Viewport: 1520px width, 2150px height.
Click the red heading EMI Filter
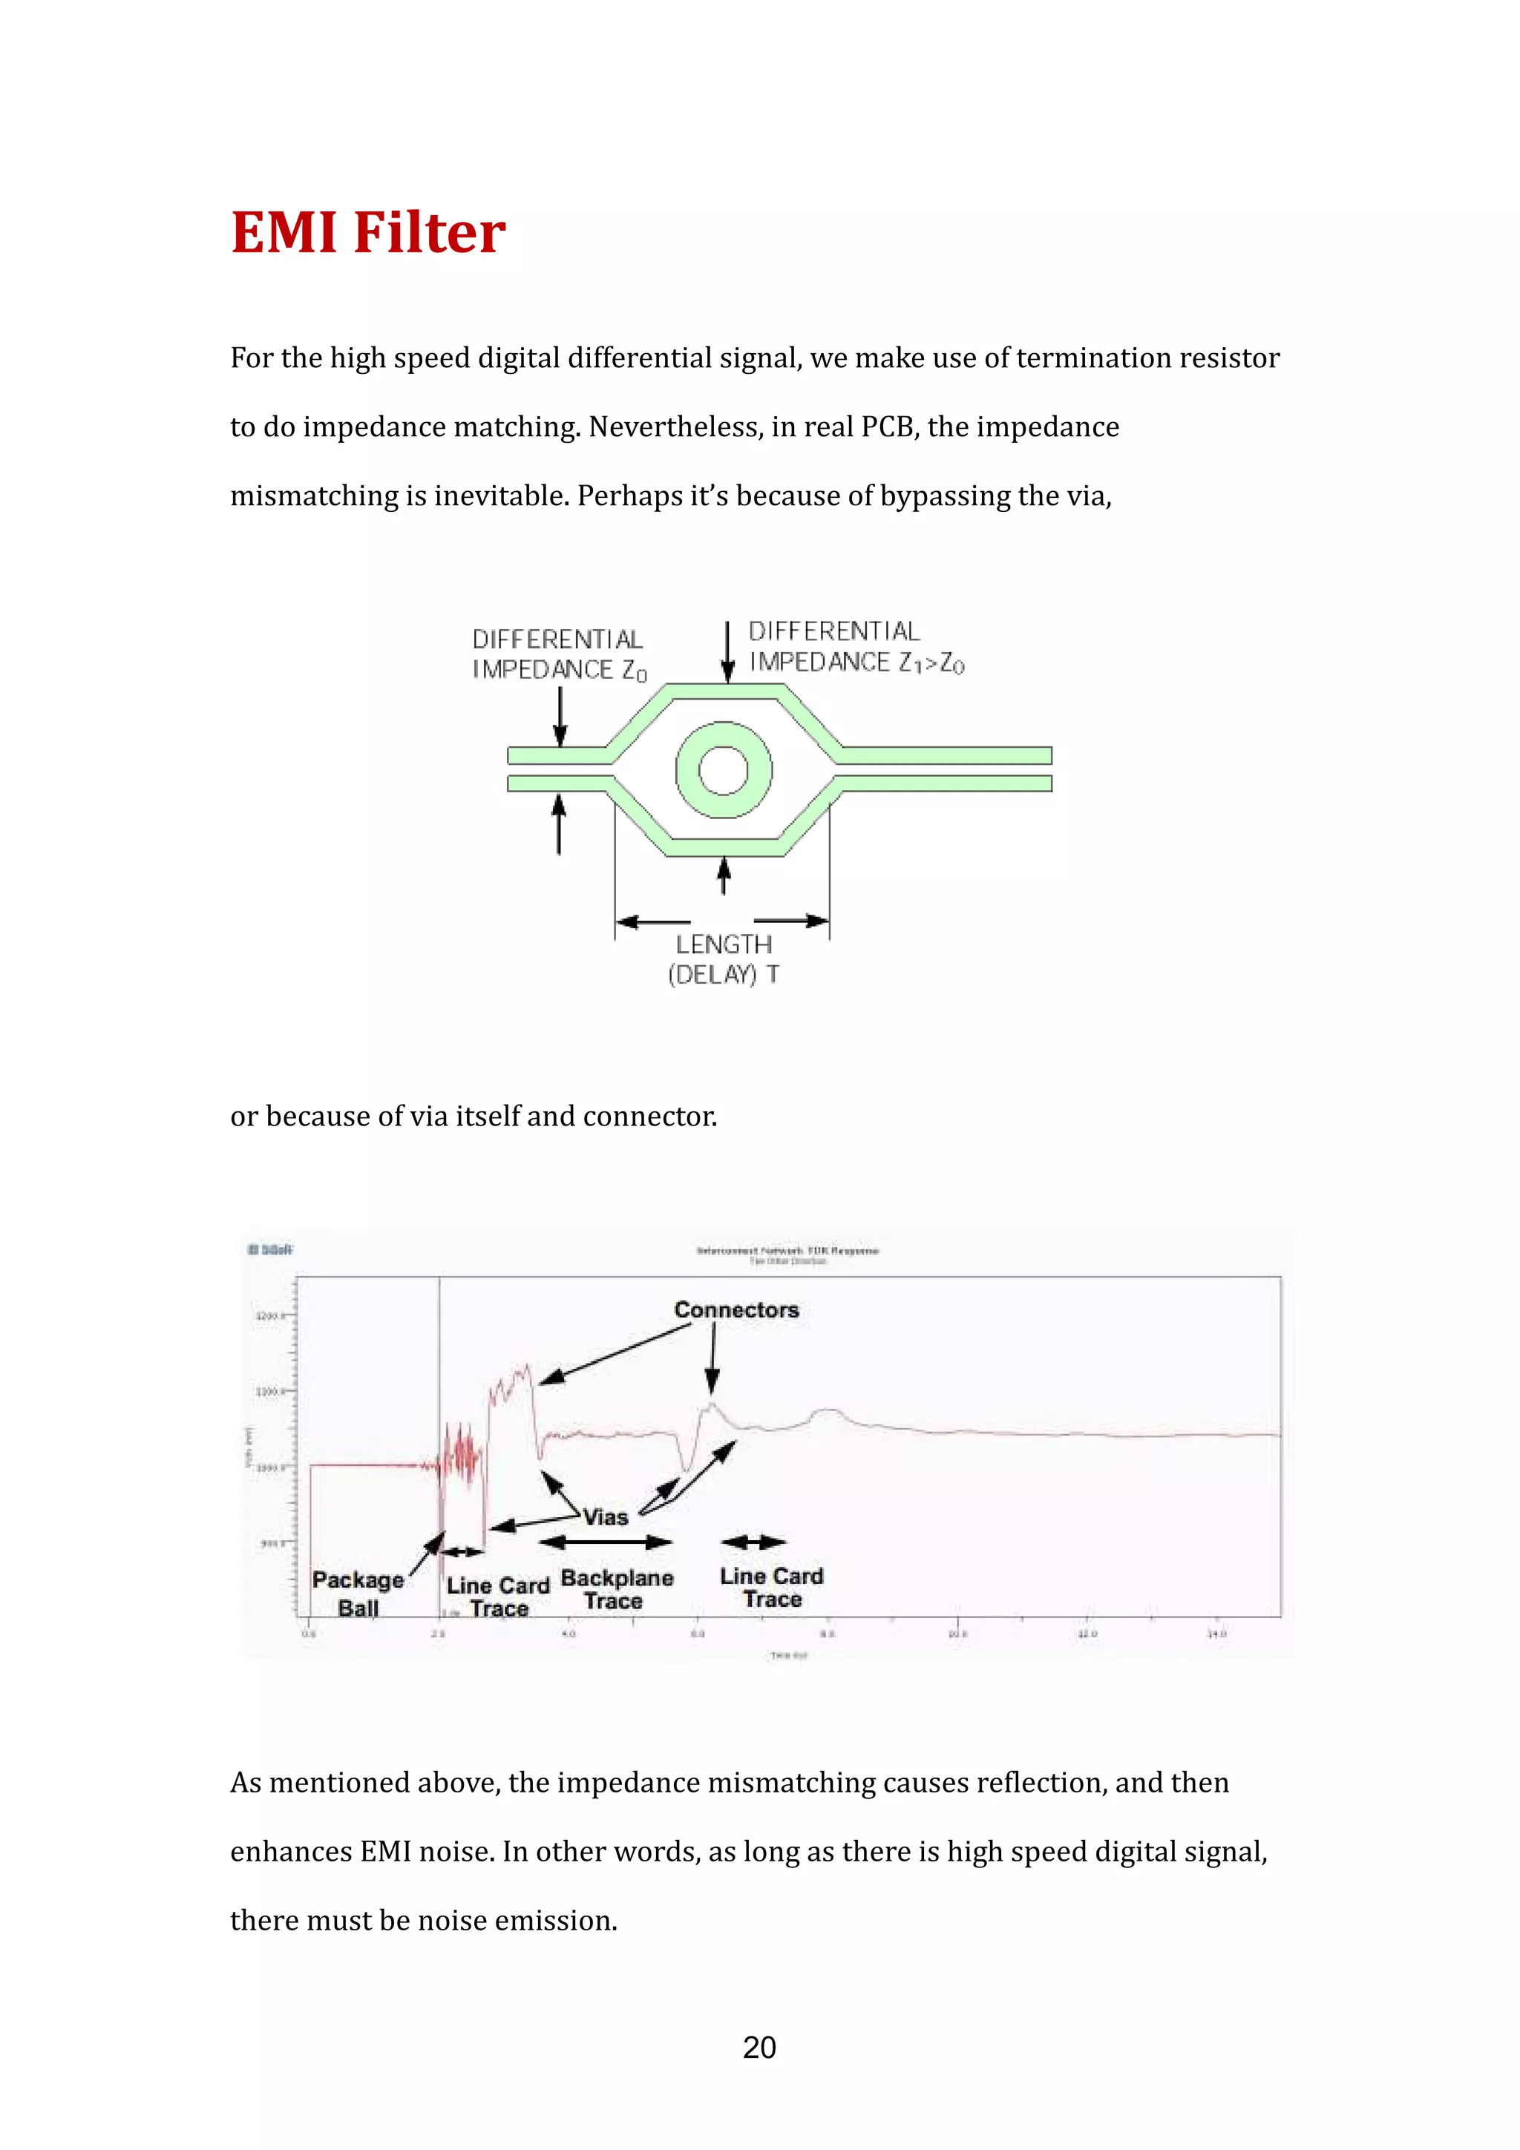coord(368,232)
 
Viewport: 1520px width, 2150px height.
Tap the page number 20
coord(759,2047)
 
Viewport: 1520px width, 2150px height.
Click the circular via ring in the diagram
coord(724,771)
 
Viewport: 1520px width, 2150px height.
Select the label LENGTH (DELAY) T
coord(724,959)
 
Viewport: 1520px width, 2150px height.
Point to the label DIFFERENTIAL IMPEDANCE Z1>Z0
coord(855,647)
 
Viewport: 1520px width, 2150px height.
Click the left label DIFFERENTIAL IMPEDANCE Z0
coord(559,654)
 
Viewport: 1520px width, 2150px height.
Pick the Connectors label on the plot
coord(736,1310)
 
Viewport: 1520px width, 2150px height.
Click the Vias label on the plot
coord(605,1518)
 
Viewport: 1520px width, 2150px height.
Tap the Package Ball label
coord(358,1594)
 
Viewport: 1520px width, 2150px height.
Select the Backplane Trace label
coord(616,1589)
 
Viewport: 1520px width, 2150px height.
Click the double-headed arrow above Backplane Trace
coord(606,1542)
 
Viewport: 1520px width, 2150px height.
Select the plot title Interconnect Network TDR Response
coord(787,1251)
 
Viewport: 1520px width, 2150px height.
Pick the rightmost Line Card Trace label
coord(772,1587)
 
